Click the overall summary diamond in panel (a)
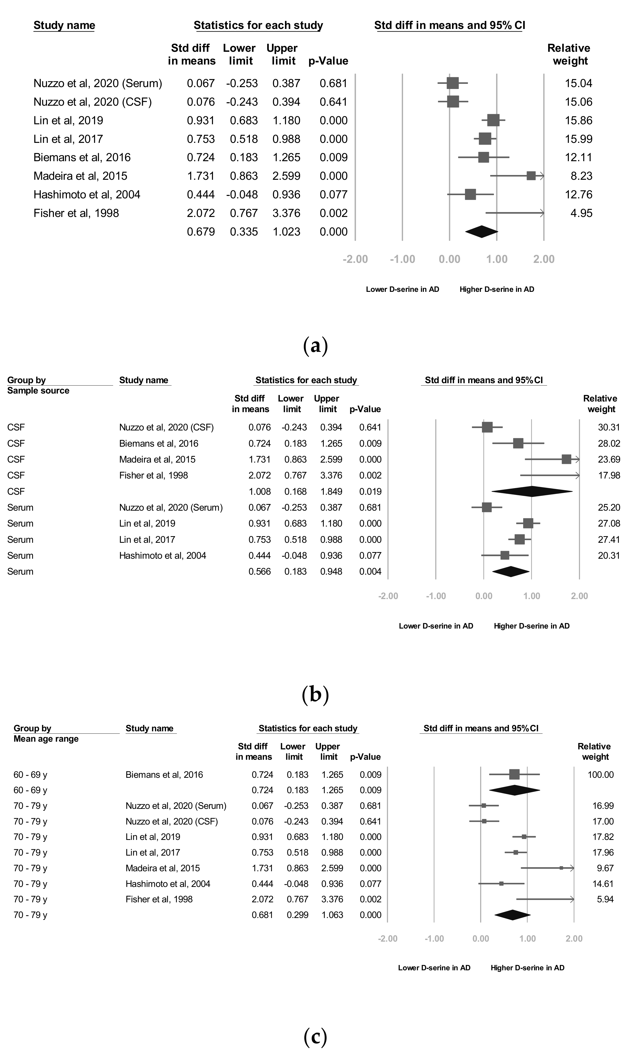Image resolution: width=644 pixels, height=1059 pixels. click(x=481, y=232)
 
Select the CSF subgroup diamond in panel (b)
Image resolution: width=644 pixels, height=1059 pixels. click(x=532, y=491)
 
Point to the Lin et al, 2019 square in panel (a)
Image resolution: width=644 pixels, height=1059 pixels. click(x=493, y=120)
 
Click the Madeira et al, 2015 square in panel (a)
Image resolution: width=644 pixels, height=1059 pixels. click(x=531, y=176)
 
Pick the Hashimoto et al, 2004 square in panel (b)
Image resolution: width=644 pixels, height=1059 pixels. click(x=505, y=555)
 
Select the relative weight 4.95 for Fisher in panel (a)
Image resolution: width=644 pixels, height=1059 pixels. click(x=581, y=213)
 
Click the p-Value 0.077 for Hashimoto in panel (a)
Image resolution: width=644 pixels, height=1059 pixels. click(x=333, y=195)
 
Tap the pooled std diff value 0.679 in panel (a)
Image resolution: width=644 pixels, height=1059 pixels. click(x=201, y=232)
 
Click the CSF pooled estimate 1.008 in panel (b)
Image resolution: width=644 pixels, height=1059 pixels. click(x=260, y=491)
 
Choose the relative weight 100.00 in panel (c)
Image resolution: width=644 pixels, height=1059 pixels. click(x=600, y=775)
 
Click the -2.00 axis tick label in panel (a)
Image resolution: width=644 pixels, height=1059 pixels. click(x=355, y=259)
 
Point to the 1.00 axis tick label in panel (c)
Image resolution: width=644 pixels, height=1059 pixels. click(x=527, y=938)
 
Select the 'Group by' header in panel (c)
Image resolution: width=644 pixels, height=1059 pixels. click(x=32, y=728)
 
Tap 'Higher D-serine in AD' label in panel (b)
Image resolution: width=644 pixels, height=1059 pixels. click(x=531, y=626)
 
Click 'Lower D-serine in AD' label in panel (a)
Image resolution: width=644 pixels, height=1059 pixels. click(x=402, y=289)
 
